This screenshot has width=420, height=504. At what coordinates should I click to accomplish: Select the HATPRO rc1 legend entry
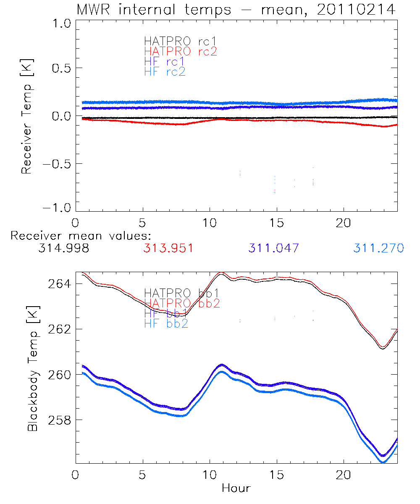pos(181,41)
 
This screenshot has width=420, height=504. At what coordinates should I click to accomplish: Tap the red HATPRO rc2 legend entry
pos(181,51)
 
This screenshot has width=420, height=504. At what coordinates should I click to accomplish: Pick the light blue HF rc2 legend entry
pos(165,71)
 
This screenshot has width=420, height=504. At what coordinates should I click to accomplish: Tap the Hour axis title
pos(236,488)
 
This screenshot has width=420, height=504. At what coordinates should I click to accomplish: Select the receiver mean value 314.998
pos(63,248)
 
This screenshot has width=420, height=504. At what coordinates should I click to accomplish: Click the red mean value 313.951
pos(168,248)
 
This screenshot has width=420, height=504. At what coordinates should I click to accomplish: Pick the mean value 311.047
pos(273,248)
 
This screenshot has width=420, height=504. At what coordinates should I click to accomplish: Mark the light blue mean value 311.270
pos(378,248)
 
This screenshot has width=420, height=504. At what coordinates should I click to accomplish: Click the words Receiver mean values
pos(81,236)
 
